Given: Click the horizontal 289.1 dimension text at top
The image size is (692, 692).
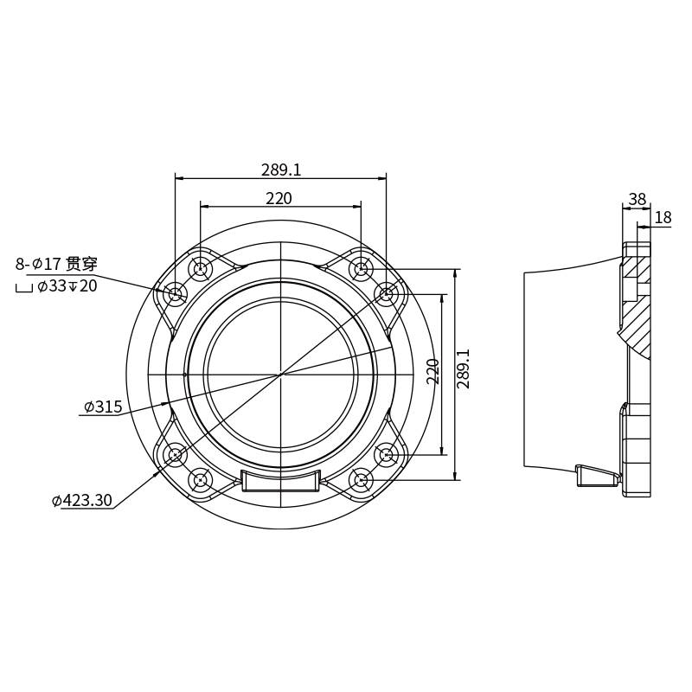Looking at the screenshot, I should coord(281,170).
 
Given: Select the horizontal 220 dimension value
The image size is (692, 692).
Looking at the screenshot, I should coord(279,198).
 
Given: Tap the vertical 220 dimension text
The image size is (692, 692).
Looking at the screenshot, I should coord(433,371).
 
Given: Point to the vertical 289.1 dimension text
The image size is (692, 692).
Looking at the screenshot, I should coord(464,368).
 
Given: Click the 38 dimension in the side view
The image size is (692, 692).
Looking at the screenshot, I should coord(638,199).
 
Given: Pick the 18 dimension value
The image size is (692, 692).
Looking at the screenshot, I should coord(663,217).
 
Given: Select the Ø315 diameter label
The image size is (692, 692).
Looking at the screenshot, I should coord(103,407).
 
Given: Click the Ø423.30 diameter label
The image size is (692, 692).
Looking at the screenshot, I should coord(82,500).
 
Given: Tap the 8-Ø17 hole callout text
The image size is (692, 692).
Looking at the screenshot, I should coord(38,264).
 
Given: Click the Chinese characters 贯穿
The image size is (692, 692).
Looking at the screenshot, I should coord(81,263).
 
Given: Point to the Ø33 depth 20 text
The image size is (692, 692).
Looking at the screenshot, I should coord(67,285).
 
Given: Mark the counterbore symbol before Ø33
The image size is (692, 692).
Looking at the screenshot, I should coord(23,287).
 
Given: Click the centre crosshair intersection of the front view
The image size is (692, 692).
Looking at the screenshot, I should coord(280,374).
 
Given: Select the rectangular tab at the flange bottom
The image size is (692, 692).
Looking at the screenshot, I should coord(280,480).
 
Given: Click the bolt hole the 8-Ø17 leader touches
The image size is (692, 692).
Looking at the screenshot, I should coord(176,294).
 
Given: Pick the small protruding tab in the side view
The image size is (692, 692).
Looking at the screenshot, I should coord(597,475).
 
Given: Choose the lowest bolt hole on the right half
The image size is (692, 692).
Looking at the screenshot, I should coord(361,479).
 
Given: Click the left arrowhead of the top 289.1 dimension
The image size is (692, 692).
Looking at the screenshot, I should coord(178,178).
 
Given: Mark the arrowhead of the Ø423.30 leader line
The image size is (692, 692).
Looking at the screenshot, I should coord(157,473).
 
